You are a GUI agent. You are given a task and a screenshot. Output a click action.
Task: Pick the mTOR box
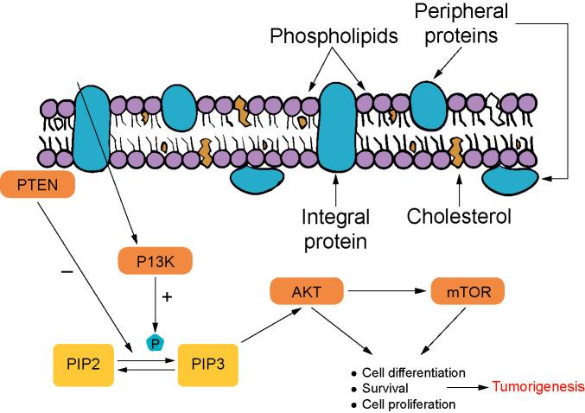coord(466,293)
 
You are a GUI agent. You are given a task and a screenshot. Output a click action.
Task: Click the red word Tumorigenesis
coord(537,388)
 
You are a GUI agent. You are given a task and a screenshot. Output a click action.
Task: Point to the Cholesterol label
coord(461,215)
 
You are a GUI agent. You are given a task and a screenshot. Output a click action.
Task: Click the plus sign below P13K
coord(167,296)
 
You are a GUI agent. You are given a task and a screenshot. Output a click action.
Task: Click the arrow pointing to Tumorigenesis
coord(466,389)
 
